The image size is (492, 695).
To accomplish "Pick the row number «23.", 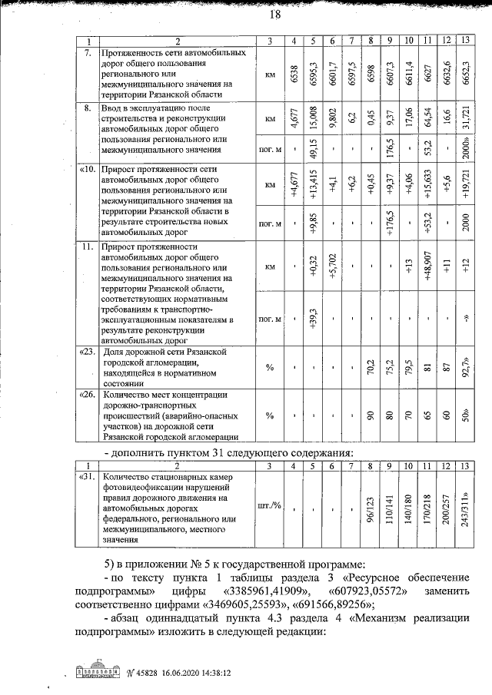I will click(x=88, y=352).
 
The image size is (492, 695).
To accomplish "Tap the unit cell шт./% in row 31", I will click(x=270, y=508).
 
